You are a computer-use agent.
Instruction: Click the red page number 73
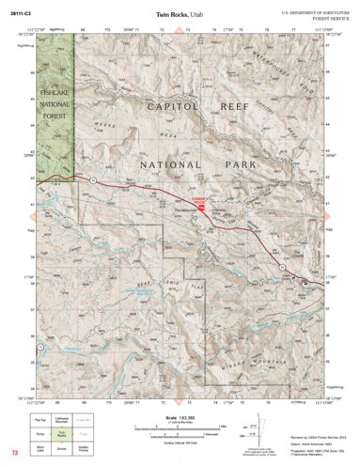14,454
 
